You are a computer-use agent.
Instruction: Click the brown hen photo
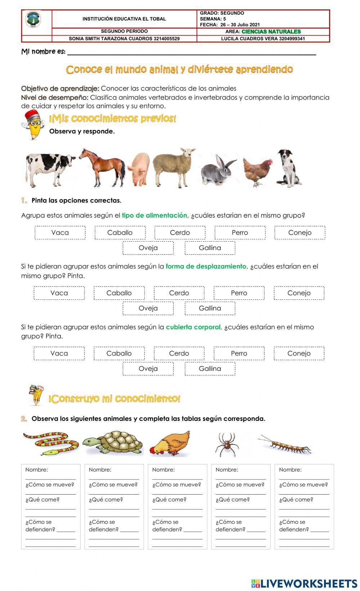(x=257, y=171)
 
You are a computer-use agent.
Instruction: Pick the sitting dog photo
(x=287, y=168)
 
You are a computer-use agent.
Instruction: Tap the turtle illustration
(x=113, y=443)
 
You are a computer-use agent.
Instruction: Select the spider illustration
(x=227, y=444)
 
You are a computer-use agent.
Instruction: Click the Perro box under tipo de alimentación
(x=240, y=233)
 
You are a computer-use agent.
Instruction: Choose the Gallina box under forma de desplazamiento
(x=210, y=308)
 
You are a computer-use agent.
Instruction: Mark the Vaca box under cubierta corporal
(x=59, y=354)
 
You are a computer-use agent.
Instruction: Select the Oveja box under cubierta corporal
(x=148, y=369)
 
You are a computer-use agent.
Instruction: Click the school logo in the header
(x=33, y=19)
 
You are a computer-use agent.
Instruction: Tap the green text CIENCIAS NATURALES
(x=271, y=32)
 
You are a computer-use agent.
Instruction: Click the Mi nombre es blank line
(x=191, y=53)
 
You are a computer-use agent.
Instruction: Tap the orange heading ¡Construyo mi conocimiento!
(x=114, y=399)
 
